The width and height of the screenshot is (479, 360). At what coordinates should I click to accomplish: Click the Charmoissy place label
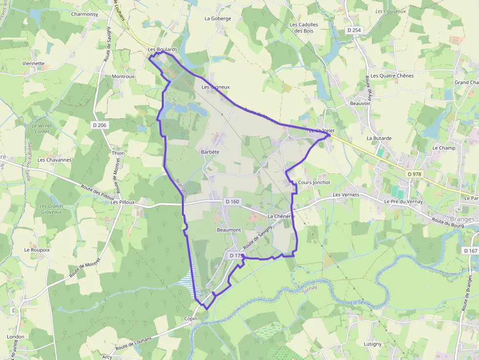click(x=85, y=14)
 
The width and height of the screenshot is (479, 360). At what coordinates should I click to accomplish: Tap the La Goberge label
click(x=218, y=19)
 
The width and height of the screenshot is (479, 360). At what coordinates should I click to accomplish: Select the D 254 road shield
click(x=354, y=30)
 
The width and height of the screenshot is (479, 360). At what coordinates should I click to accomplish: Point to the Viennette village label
click(x=33, y=64)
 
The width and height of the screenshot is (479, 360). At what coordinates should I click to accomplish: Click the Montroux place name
click(x=123, y=77)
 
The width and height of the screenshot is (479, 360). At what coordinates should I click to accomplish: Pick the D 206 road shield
click(x=99, y=125)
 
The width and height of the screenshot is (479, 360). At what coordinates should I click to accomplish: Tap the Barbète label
click(x=210, y=152)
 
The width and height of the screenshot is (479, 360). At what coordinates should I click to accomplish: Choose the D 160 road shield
click(x=232, y=201)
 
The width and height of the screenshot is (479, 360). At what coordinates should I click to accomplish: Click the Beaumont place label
click(x=229, y=230)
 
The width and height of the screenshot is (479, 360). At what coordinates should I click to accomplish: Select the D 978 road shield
click(x=414, y=174)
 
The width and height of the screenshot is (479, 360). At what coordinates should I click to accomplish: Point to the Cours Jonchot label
click(x=314, y=183)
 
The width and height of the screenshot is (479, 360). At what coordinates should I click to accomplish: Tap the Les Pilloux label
click(x=122, y=202)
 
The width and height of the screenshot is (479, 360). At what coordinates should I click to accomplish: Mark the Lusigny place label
click(x=372, y=344)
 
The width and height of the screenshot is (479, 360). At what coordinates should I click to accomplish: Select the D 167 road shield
click(x=470, y=251)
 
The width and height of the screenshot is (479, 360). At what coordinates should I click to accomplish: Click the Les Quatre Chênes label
click(x=392, y=76)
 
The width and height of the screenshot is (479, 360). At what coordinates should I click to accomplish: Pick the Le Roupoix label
click(x=37, y=250)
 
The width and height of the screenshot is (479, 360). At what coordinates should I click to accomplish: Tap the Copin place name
click(x=191, y=319)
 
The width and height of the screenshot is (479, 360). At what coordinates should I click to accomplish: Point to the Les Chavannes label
click(x=54, y=160)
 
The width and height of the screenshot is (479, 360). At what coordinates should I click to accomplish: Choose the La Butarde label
click(x=379, y=138)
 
